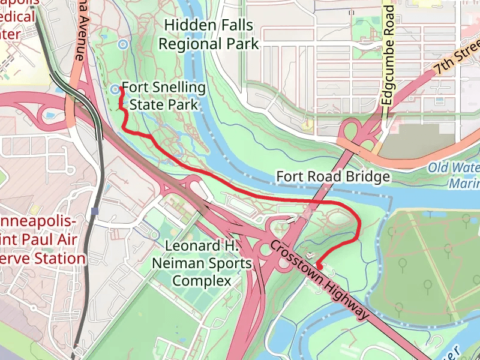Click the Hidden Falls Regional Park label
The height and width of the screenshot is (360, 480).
pyautogui.click(x=208, y=35)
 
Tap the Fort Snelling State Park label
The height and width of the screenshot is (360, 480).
pyautogui.click(x=164, y=96)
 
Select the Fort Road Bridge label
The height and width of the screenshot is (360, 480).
pyautogui.click(x=333, y=176)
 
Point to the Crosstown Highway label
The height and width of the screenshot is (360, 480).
pyautogui.click(x=319, y=280)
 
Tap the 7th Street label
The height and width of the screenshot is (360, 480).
pyautogui.click(x=458, y=56)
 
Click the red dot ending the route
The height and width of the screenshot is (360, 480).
pyautogui.click(x=320, y=266)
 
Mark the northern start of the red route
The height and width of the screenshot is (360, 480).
pyautogui.click(x=121, y=89)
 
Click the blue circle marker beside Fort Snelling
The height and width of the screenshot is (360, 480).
pyautogui.click(x=115, y=89)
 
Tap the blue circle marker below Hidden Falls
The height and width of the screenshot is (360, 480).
pyautogui.click(x=122, y=44)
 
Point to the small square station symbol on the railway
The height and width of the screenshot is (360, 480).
pyautogui.click(x=95, y=211)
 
